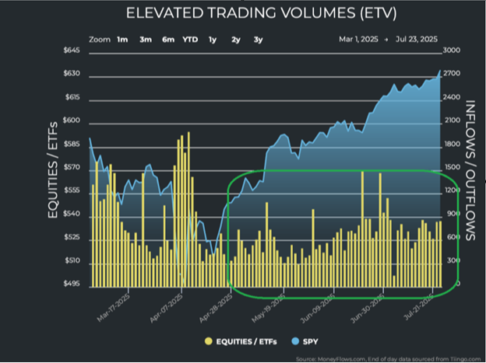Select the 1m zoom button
[122, 38]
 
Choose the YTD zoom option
[189, 38]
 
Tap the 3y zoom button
[258, 38]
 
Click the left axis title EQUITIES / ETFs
[53, 169]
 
